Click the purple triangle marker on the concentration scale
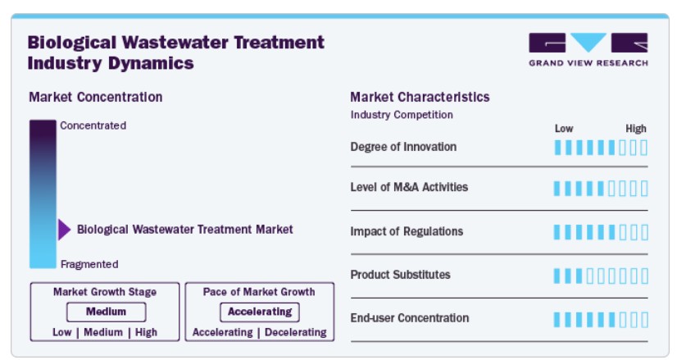point(64,230)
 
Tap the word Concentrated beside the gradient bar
point(93,125)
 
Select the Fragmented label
point(89,264)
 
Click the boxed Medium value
point(107,312)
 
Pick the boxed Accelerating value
point(260,312)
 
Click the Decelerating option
point(296,332)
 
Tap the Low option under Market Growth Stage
point(62,332)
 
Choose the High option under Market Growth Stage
point(147,332)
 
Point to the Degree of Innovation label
point(403,147)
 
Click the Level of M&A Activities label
point(409,187)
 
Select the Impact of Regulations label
point(407,231)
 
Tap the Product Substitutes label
point(400,275)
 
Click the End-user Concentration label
point(410,318)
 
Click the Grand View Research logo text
point(588,63)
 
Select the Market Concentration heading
point(96,97)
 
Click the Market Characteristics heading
point(420,97)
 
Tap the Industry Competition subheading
point(402,115)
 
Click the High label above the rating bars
point(636,129)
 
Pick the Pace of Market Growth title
point(259,292)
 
